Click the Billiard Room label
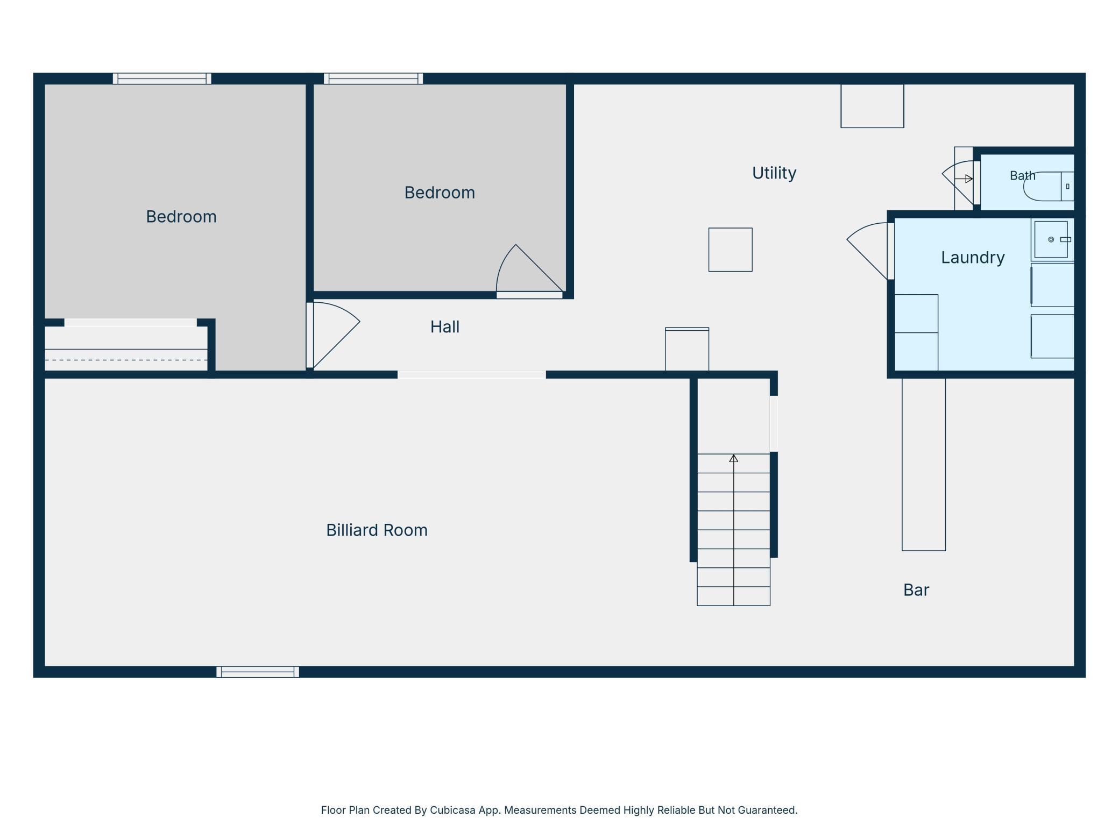[x=377, y=530]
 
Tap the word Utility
[x=774, y=173]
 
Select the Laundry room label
[x=973, y=258]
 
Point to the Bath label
[x=1022, y=176]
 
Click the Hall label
[x=445, y=327]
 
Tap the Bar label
[x=916, y=590]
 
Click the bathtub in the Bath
[x=1049, y=186]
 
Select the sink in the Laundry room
[x=1051, y=239]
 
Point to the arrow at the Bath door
[x=964, y=179]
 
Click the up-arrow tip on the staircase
[x=733, y=455]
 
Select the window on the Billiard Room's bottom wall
[x=258, y=672]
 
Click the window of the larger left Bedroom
[x=162, y=79]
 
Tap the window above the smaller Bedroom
[x=373, y=79]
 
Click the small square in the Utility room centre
[x=730, y=250]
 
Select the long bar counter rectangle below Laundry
[x=924, y=464]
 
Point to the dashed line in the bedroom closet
[x=126, y=360]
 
